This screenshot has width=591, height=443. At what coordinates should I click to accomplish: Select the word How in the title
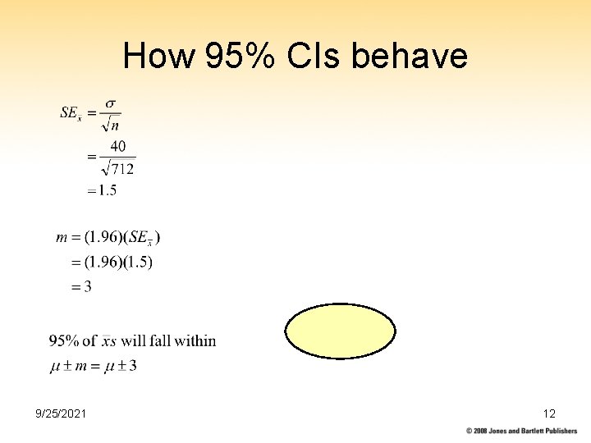tap(158, 57)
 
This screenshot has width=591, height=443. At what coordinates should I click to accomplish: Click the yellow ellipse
tap(341, 331)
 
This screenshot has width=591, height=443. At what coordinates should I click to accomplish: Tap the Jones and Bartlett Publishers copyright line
tap(522, 431)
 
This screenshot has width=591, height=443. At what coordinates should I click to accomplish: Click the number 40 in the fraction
tap(118, 147)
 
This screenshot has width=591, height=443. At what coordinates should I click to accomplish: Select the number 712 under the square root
tap(121, 170)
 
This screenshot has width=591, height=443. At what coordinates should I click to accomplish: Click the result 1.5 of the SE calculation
tap(107, 190)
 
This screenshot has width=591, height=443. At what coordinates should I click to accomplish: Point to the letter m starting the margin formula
tap(62, 238)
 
